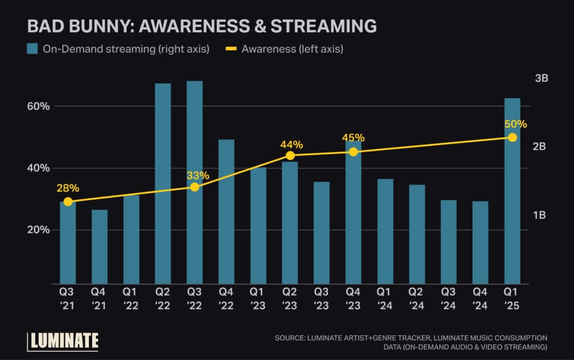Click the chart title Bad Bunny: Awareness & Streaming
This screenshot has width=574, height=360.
coord(202,26)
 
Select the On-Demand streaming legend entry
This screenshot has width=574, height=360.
coord(118,49)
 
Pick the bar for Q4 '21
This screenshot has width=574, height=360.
coord(100,247)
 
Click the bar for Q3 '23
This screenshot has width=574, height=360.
coord(322,233)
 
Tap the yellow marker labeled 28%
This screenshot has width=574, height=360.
coord(68,202)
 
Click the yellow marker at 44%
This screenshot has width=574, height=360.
coord(290,155)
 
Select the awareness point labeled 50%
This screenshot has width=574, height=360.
coord(512,137)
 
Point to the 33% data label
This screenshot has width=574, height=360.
coord(198,176)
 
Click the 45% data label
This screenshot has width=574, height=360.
coord(353,138)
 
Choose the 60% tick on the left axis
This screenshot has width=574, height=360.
coord(39,107)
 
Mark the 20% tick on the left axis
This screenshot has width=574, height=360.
coord(39,230)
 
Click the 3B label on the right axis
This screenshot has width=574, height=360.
coord(541,79)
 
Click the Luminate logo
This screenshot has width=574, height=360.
coord(63,340)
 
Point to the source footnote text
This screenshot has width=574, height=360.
coord(410,342)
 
